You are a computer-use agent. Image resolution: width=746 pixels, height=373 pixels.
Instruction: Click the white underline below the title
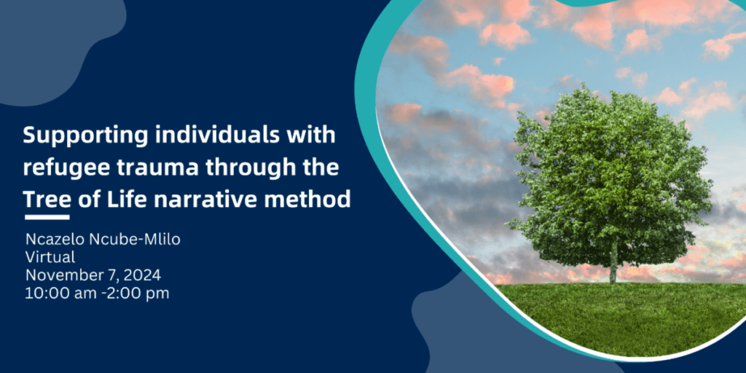point(47,217)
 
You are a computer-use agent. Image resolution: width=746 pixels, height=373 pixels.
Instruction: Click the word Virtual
point(50,258)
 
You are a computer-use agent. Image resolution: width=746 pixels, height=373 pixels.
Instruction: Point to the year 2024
point(143,275)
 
